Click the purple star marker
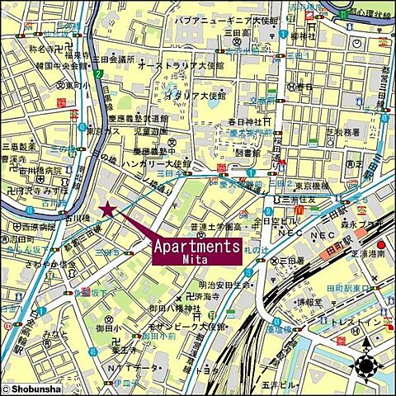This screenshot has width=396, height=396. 106,210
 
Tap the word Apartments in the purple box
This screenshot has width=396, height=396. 196,246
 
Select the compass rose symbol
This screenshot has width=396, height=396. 367,366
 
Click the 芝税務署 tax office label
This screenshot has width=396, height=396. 338,130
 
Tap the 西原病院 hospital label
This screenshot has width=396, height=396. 37,224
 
